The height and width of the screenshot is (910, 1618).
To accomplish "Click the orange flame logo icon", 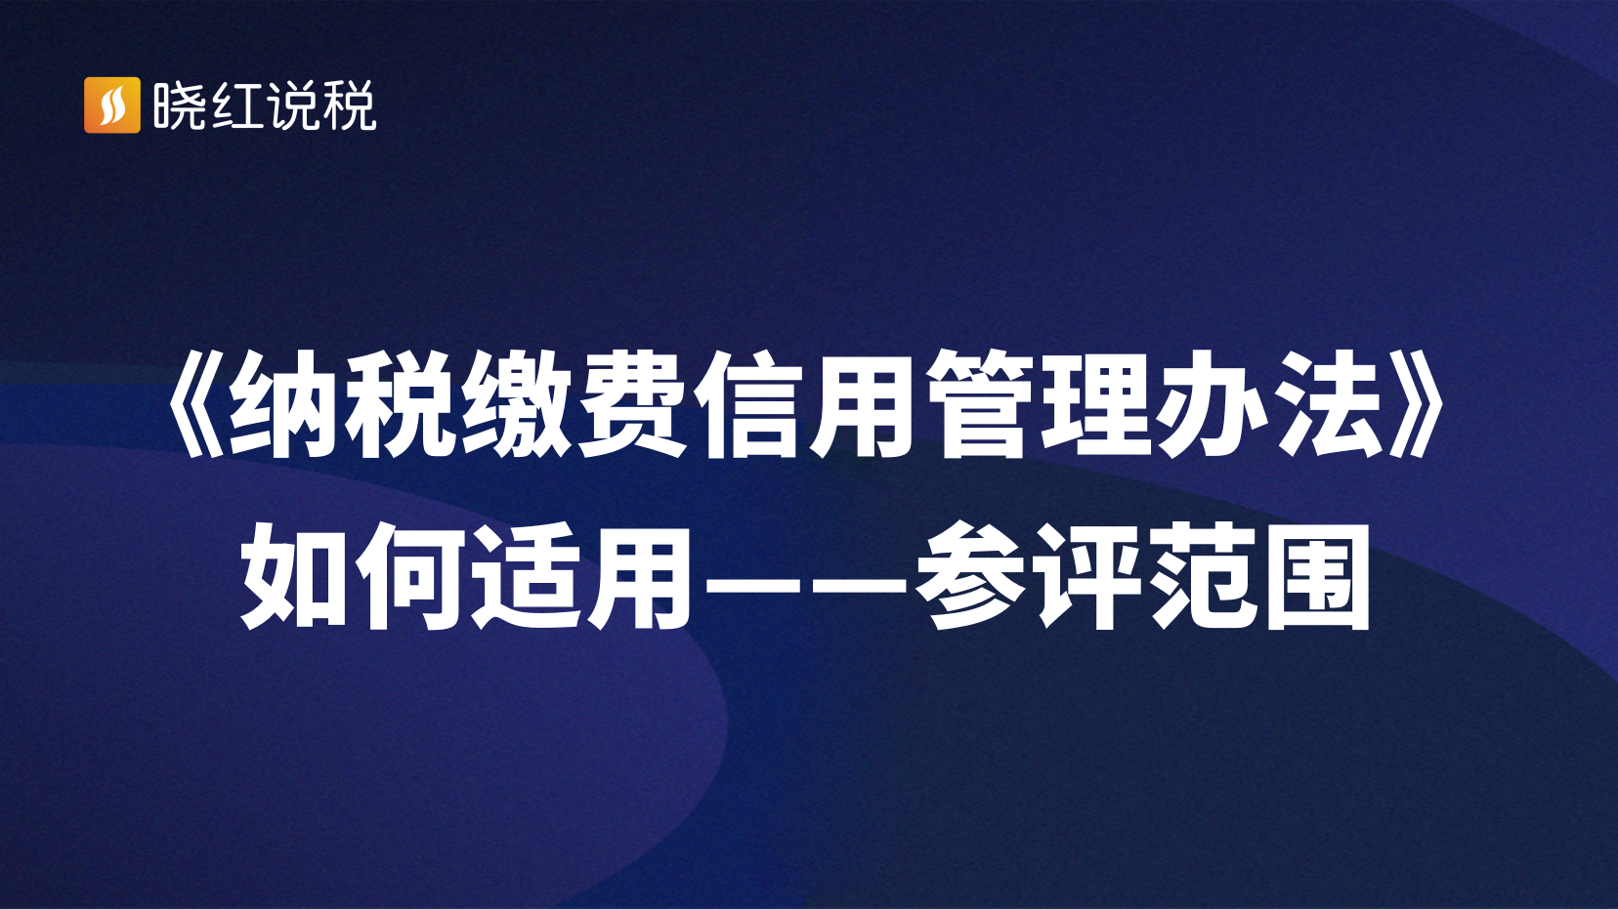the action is [x=112, y=105].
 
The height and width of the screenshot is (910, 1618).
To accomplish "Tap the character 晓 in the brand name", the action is [x=179, y=105].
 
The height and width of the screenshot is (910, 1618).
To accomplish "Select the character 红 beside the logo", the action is [x=235, y=105].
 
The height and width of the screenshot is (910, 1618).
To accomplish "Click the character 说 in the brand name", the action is [x=292, y=105].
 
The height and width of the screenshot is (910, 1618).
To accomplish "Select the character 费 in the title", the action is [x=631, y=405].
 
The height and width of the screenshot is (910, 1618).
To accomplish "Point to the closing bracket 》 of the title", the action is [x=1419, y=405].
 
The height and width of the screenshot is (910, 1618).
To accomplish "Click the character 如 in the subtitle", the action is [x=296, y=577].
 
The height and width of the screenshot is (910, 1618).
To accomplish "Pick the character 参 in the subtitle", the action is [x=971, y=577].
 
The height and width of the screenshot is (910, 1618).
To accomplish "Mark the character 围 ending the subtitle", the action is [x=1318, y=577].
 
